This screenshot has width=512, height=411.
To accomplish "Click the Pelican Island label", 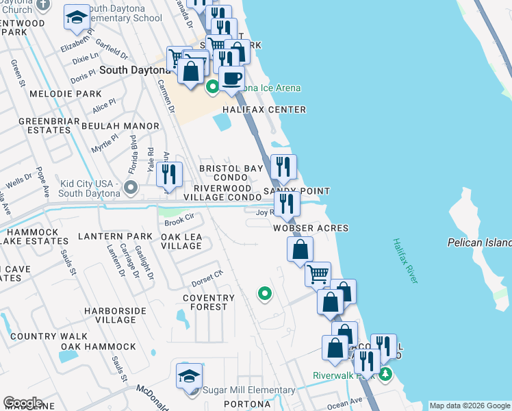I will tap(479, 242).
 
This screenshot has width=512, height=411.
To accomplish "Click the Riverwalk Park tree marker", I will tap(385, 374).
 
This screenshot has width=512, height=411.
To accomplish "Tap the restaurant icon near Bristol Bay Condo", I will tap(168, 175).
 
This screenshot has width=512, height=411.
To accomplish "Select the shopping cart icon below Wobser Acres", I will tap(318, 274).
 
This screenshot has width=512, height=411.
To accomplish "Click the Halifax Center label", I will tap(264, 110).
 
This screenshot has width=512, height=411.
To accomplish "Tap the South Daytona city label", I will tap(135, 70).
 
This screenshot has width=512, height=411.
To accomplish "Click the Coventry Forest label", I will tap(209, 302).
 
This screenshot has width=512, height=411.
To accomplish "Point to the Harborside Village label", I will tap(110, 315).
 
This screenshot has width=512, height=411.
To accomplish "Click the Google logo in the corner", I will tap(22, 403).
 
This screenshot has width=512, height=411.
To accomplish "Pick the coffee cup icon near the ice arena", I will tap(231, 77).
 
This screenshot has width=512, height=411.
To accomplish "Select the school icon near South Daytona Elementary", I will tap(77, 18).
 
